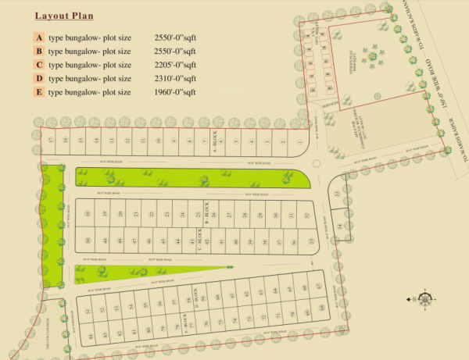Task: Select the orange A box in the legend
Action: (x=39, y=37)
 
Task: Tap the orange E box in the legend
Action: (x=39, y=92)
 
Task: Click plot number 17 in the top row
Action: (x=50, y=141)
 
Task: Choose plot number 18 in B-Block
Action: (x=88, y=213)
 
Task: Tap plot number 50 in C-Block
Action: (x=88, y=241)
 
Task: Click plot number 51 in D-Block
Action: (x=89, y=311)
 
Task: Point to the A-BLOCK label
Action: (x=213, y=141)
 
